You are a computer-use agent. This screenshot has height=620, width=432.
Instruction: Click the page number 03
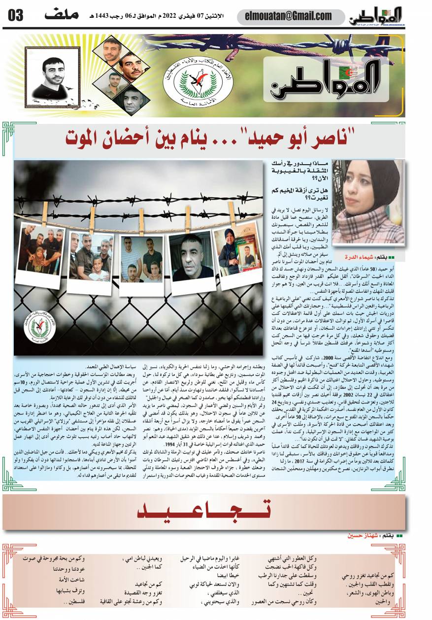[x=16, y=15]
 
